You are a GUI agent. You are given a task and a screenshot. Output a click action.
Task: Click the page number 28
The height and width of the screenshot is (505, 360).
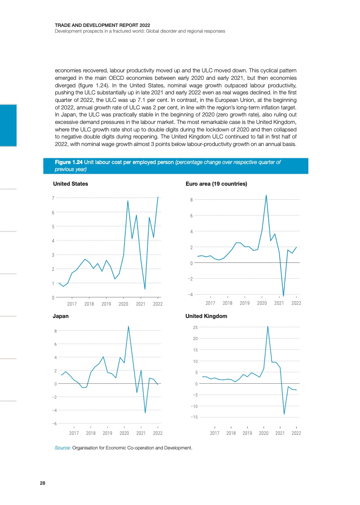[x=42, y=483]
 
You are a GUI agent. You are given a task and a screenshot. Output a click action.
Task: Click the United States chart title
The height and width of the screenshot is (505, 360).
[x=70, y=183]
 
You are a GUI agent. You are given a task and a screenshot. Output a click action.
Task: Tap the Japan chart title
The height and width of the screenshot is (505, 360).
[x=60, y=316]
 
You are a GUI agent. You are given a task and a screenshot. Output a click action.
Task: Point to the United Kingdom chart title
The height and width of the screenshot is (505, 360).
[x=206, y=316]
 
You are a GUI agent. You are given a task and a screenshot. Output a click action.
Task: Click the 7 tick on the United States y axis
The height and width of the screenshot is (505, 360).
[x=53, y=198]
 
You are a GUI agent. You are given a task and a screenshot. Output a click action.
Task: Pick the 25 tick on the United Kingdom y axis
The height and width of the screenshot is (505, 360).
[x=195, y=327]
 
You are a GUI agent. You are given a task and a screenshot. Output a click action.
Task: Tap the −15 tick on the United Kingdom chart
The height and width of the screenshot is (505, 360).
[x=194, y=417]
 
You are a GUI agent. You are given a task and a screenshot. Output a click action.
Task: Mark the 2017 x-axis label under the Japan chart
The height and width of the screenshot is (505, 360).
[x=74, y=433]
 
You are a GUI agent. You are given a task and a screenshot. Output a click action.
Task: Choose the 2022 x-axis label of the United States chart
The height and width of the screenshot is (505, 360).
[x=157, y=304]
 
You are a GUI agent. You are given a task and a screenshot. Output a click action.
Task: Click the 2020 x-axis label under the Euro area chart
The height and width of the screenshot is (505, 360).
[x=262, y=303]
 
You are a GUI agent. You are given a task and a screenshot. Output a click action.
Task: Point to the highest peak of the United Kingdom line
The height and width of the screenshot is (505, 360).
[x=268, y=326]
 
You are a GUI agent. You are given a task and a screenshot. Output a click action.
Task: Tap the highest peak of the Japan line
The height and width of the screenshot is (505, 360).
[x=128, y=326]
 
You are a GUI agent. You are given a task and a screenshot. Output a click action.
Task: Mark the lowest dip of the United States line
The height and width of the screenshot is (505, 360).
[x=145, y=289]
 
